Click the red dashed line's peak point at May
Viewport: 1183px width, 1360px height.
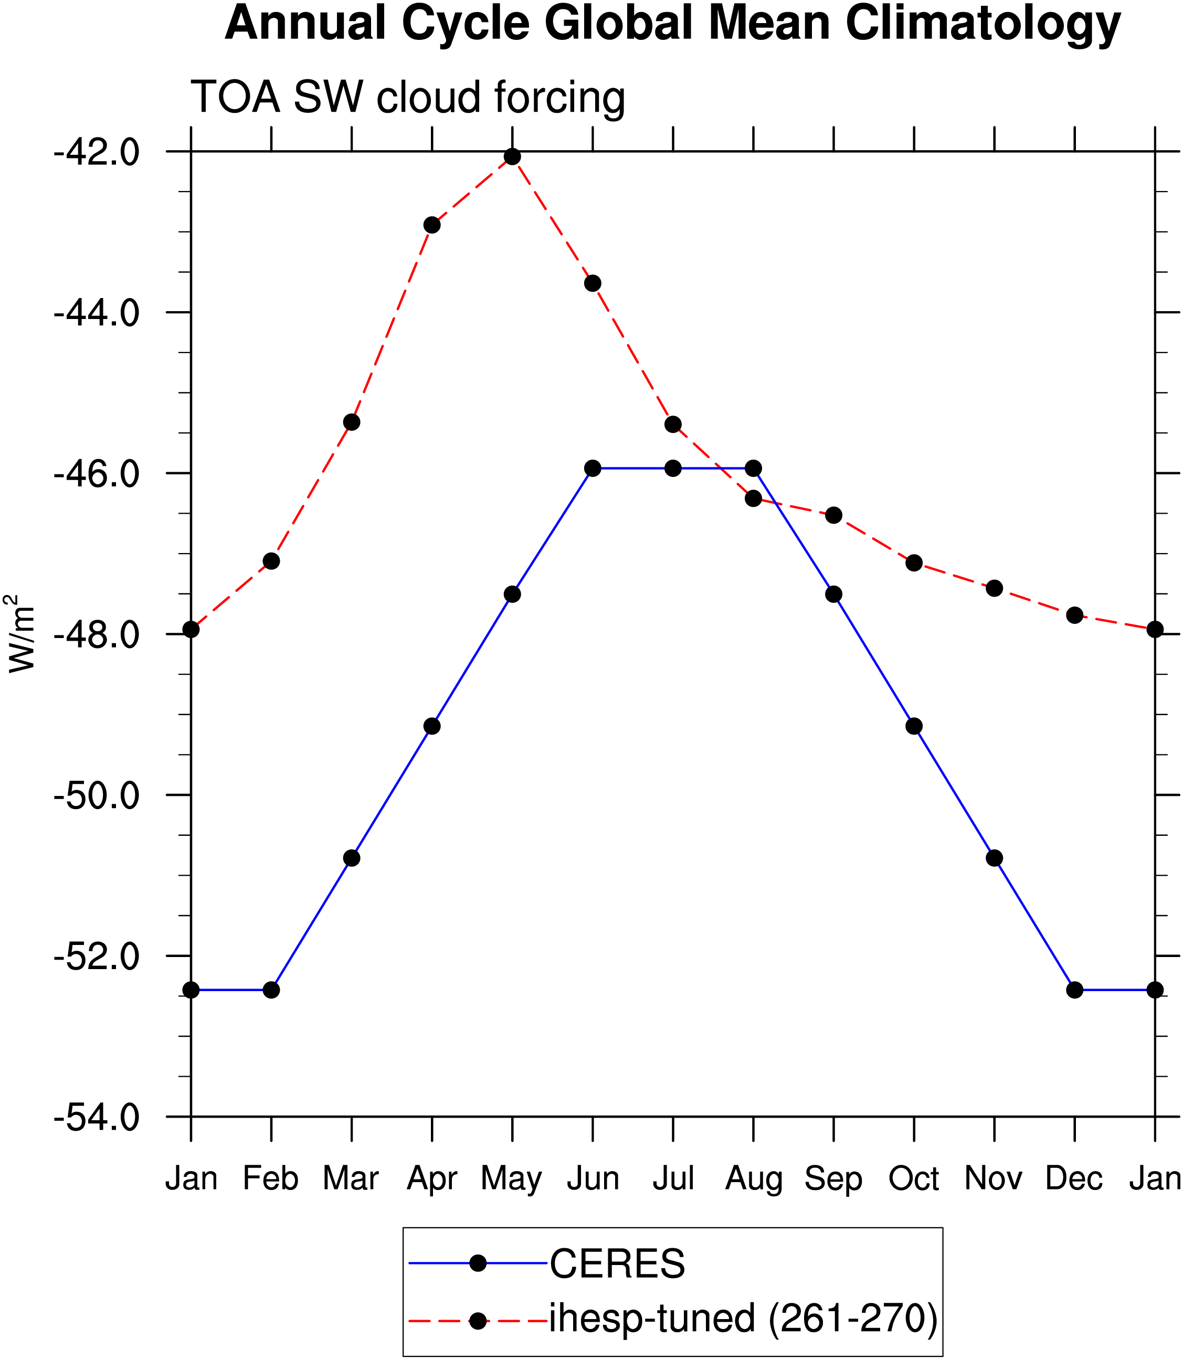(x=512, y=157)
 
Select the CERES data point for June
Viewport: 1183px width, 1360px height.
(x=593, y=469)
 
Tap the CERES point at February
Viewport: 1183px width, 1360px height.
(x=271, y=990)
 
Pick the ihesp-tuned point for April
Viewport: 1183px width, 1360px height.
(x=432, y=226)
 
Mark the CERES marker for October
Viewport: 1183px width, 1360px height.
(x=914, y=727)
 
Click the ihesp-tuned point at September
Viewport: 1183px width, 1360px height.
(x=834, y=515)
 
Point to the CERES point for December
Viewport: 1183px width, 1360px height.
(x=1075, y=990)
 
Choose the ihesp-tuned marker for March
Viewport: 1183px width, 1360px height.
(x=352, y=422)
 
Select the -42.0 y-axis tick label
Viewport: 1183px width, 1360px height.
(x=97, y=153)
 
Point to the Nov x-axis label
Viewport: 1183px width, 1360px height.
(x=994, y=1178)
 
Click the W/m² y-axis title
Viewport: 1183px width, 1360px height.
(x=20, y=633)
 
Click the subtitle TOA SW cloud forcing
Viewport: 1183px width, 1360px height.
(x=408, y=98)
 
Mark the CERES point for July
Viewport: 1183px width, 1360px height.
(x=673, y=469)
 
